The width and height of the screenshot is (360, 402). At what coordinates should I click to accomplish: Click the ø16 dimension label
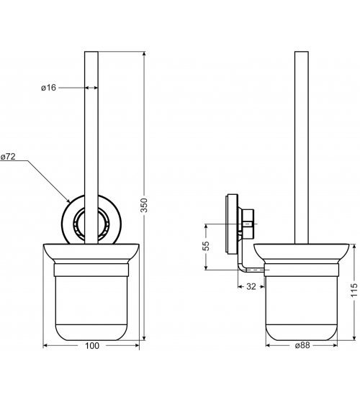pyautogui.click(x=48, y=88)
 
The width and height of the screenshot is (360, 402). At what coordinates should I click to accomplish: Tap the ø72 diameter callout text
pyautogui.click(x=8, y=156)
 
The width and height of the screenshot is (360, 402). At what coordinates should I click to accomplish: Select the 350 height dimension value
pyautogui.click(x=144, y=205)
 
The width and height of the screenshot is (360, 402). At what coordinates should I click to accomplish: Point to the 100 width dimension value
pyautogui.click(x=92, y=346)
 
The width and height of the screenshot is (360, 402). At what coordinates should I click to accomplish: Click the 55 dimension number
pyautogui.click(x=206, y=246)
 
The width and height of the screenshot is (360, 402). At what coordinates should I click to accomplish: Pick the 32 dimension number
pyautogui.click(x=251, y=286)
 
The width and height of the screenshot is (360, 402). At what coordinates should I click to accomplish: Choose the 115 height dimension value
pyautogui.click(x=354, y=290)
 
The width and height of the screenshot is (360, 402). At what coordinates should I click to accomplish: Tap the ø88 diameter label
pyautogui.click(x=302, y=345)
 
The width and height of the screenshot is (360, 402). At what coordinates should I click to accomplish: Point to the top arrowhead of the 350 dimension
pyautogui.click(x=144, y=54)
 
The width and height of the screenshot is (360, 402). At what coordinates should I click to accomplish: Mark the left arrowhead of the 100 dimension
pyautogui.click(x=45, y=346)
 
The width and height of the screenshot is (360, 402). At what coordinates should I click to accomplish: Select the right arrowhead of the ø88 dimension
pyautogui.click(x=335, y=346)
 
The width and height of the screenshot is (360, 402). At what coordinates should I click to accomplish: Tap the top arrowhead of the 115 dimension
pyautogui.click(x=354, y=247)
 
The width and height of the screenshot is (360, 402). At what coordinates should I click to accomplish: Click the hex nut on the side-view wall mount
pyautogui.click(x=248, y=223)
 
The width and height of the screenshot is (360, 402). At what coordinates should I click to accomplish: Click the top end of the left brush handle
pyautogui.click(x=91, y=52)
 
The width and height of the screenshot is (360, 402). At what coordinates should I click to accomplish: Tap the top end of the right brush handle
pyautogui.click(x=302, y=52)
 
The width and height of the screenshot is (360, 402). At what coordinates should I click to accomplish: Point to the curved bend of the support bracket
pyautogui.click(x=241, y=268)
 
